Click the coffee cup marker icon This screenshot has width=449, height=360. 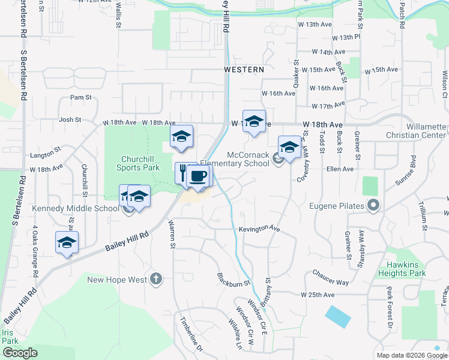click(199, 176)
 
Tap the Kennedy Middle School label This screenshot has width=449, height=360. click(83, 209)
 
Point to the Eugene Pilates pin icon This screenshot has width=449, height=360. click(374, 206)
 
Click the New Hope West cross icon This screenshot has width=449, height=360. click(156, 278)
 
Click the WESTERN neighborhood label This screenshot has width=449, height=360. click(244, 70)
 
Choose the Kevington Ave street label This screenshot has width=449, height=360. click(259, 229)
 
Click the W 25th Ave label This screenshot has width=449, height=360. click(318, 295)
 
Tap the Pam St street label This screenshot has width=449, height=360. click(80, 97)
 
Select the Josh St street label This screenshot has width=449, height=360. click(70, 120)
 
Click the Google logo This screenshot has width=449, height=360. click(20, 353)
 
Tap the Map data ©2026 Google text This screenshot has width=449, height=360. click(411, 355)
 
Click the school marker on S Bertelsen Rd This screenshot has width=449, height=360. click(67, 243)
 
